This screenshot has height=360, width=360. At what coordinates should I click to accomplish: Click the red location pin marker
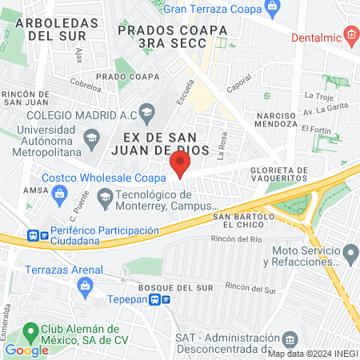coord(180,166)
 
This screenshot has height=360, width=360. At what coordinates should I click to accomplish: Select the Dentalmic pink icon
coord(350,34)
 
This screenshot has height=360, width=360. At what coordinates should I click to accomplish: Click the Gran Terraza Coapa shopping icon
coord(273,9)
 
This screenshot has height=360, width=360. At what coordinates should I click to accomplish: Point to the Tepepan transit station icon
coord(166,300)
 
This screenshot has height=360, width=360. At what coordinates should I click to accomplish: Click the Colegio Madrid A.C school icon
coord(146,110)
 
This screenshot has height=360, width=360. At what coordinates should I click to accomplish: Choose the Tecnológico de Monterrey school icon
coord(105,195)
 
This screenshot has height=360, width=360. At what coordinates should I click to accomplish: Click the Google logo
coord(26,350)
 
